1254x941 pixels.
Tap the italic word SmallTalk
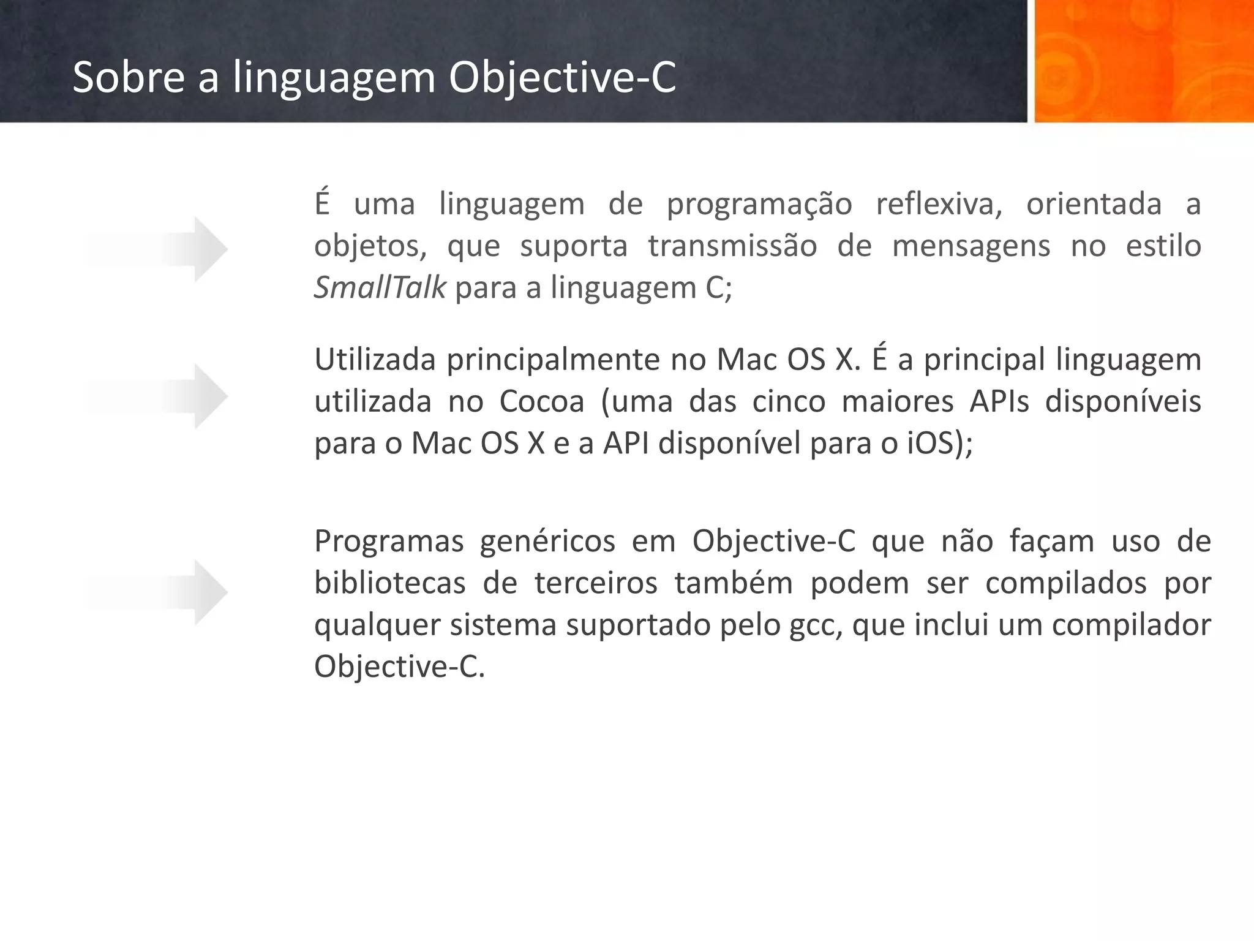click(380, 287)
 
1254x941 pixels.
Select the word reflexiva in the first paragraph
click(939, 204)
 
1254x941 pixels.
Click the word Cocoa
click(542, 402)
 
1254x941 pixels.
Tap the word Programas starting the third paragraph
click(389, 542)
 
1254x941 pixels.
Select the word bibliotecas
click(390, 583)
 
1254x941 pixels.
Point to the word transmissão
click(732, 246)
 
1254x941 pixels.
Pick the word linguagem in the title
click(334, 78)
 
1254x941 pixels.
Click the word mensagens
click(971, 246)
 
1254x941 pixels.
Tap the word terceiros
click(596, 583)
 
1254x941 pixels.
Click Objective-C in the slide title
click(562, 78)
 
